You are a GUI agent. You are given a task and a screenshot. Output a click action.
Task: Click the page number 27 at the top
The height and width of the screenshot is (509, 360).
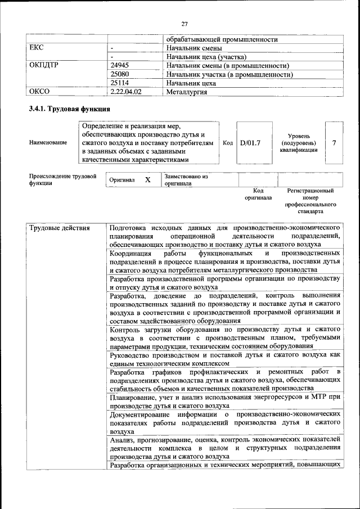[x=184, y=23]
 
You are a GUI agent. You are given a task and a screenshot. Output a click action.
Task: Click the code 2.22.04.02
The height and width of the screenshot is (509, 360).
[x=126, y=91]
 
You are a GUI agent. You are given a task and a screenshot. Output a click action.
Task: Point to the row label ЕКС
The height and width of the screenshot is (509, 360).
[x=37, y=48]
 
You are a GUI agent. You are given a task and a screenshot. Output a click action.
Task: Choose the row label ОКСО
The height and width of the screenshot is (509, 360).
[x=40, y=91]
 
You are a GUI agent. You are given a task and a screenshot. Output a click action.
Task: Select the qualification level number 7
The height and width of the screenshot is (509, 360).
[x=334, y=143]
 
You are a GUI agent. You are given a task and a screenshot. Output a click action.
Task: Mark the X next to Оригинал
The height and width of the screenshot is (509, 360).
[x=147, y=180]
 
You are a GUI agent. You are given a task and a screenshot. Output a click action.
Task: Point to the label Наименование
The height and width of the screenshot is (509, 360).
[x=49, y=143]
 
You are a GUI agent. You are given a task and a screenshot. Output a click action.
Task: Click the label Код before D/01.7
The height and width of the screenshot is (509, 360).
[x=228, y=143]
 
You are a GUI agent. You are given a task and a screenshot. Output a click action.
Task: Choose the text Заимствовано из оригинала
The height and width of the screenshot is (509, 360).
[x=186, y=180]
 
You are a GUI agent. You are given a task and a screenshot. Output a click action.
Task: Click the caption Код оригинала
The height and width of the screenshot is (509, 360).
[x=258, y=195]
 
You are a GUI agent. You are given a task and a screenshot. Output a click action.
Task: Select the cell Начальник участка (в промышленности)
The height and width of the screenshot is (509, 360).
[x=229, y=74]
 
